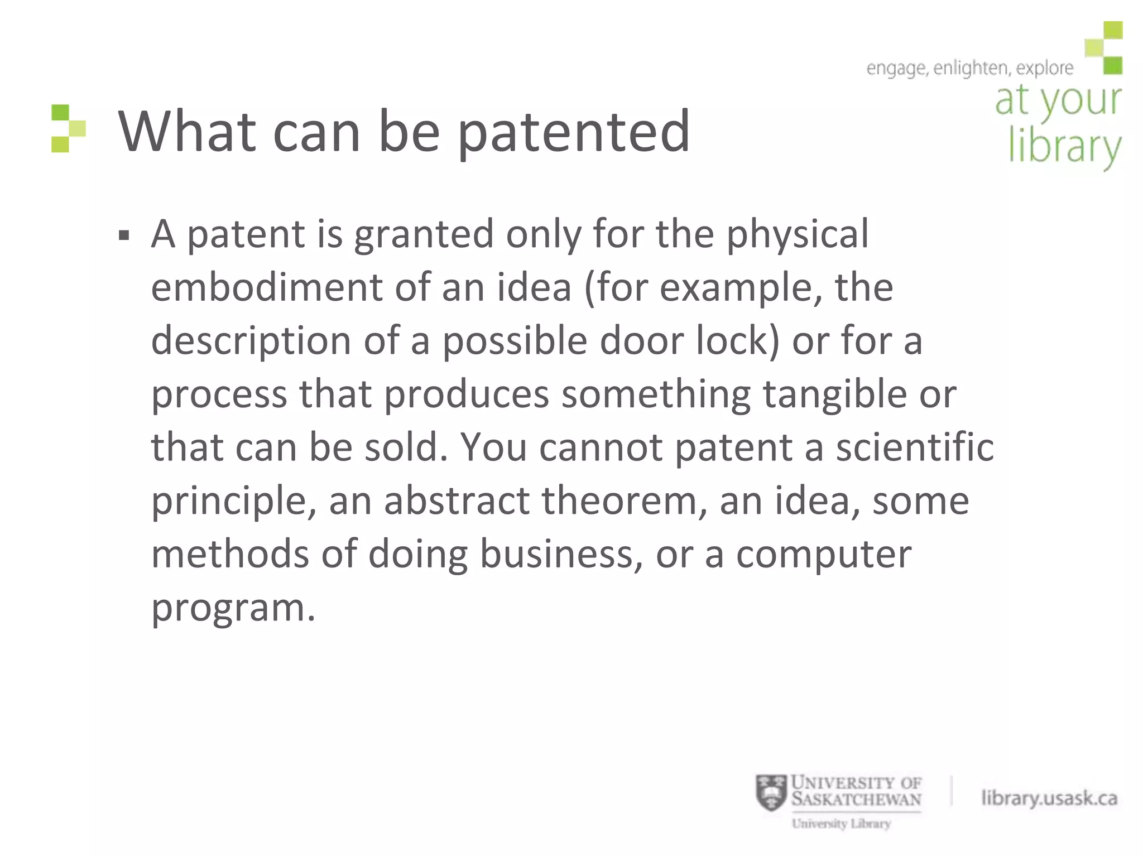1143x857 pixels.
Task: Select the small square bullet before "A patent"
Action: [x=124, y=235]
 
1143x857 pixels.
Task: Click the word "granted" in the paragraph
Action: [x=424, y=234]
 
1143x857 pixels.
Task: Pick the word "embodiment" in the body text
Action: [x=267, y=287]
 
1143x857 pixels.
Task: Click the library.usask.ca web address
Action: [x=1049, y=798]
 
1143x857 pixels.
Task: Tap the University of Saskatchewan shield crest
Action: [x=771, y=793]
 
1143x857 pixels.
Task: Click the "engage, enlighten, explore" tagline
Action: [x=969, y=69]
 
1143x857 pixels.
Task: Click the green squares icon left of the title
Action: [x=68, y=128]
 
